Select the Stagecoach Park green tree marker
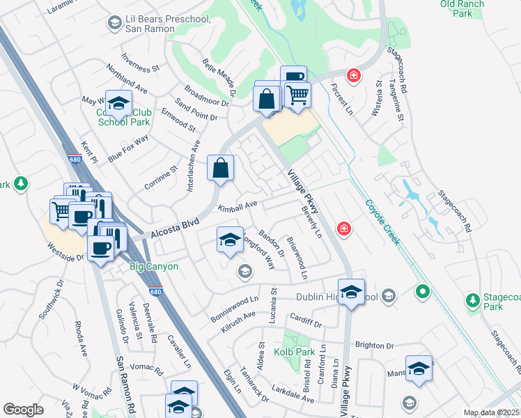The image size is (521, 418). point(473,300)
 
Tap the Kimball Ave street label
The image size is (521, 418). point(238,206)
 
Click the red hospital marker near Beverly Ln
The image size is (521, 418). point(343,229)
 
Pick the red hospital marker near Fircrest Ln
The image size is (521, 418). point(354,75)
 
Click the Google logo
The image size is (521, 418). point(23,410)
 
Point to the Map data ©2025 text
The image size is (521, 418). point(490,412)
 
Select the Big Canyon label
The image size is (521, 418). point(155,266)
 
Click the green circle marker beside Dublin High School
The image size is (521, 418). point(421,291)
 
